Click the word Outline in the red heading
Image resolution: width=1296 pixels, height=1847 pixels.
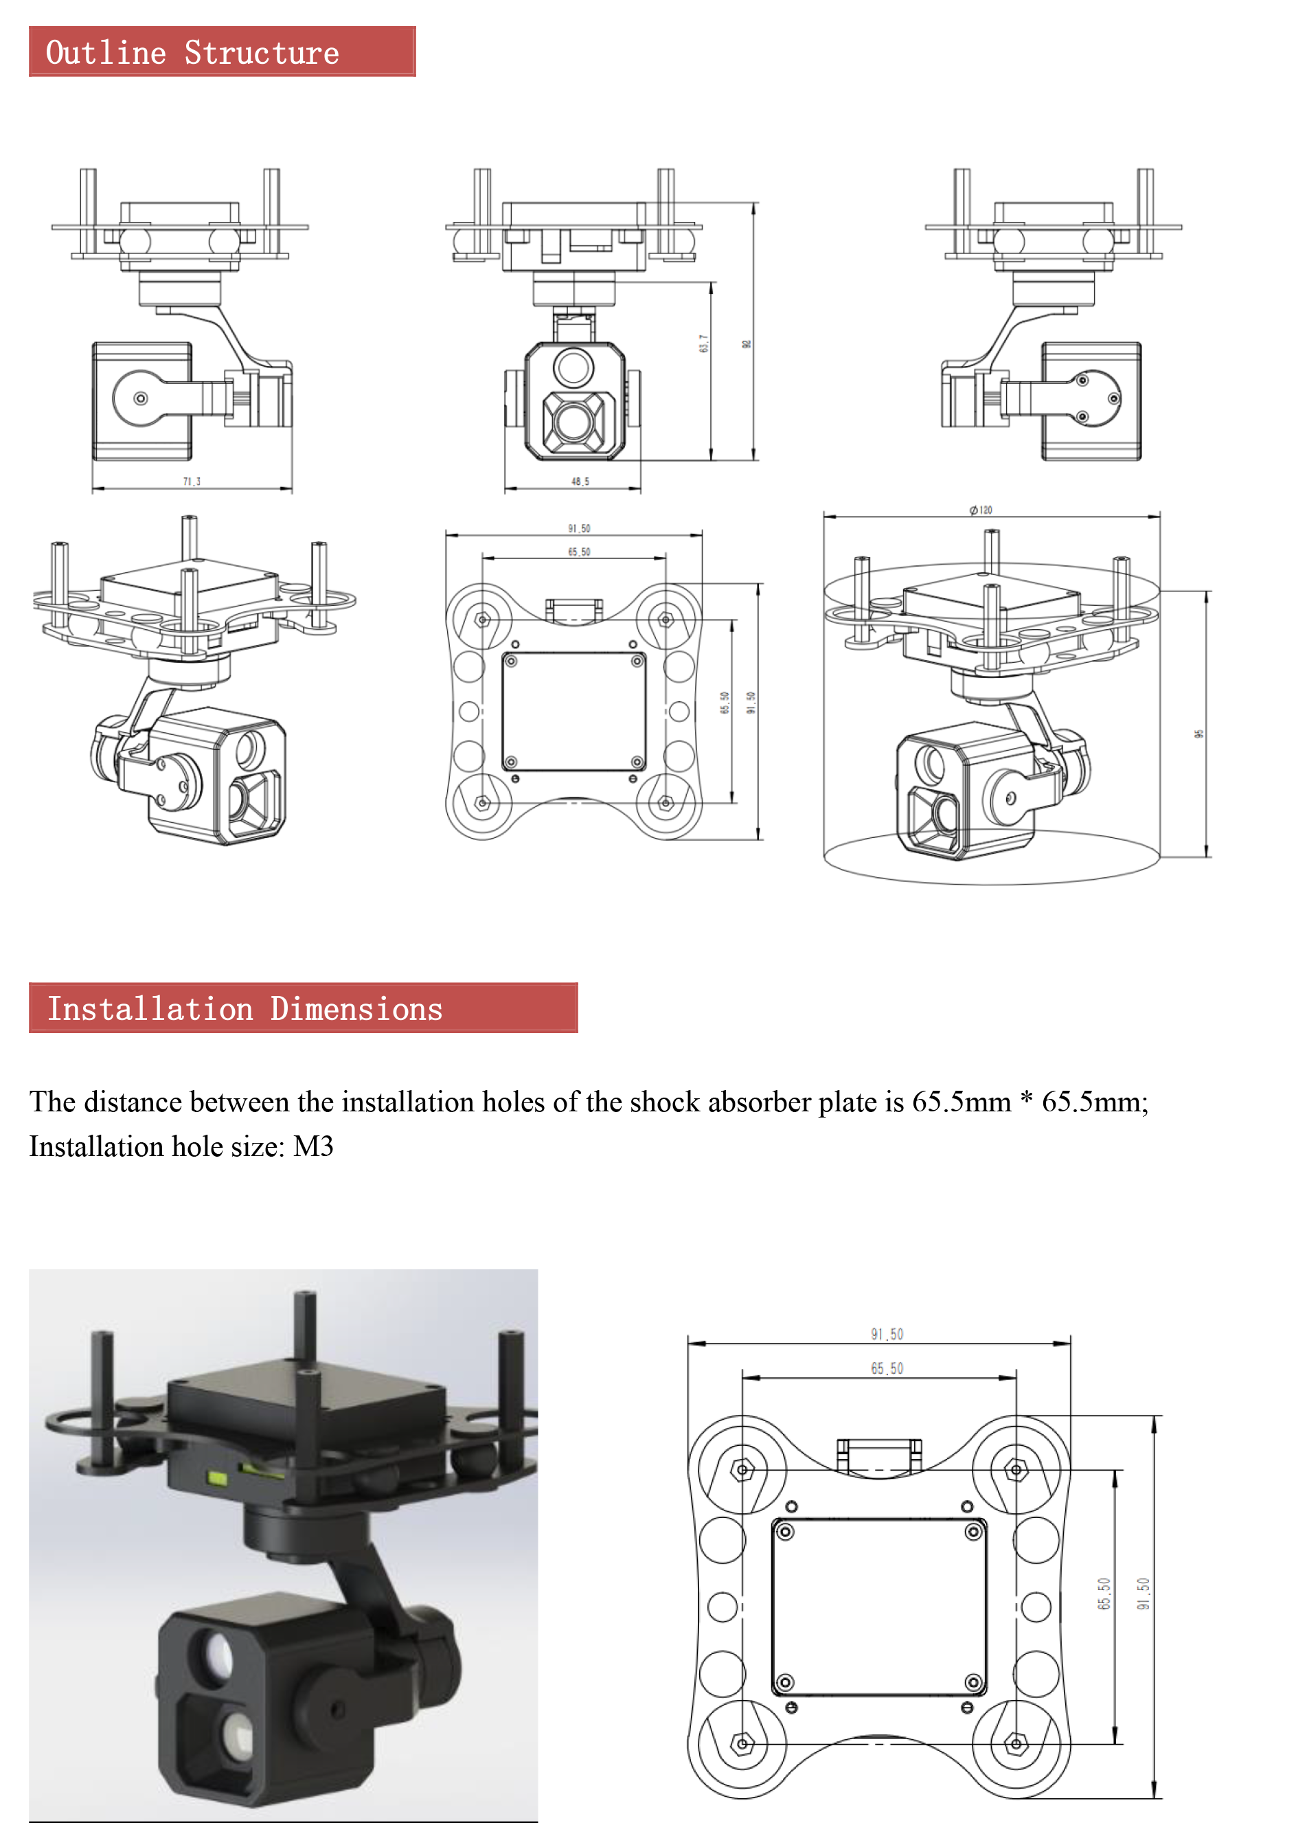[x=105, y=53]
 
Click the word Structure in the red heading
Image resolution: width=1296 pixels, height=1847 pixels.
[x=262, y=53]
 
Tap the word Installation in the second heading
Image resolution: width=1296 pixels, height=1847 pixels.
[x=150, y=1009]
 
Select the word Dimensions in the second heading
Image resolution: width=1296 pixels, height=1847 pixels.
[x=356, y=1009]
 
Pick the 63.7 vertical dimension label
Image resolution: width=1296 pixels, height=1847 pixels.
[x=704, y=343]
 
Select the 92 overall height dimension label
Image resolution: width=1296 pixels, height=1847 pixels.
[x=747, y=343]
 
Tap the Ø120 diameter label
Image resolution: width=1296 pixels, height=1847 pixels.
[x=981, y=510]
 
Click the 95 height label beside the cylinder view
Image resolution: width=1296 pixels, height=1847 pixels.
[x=1198, y=734]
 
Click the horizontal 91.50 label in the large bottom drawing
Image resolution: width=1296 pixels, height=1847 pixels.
[x=887, y=1334]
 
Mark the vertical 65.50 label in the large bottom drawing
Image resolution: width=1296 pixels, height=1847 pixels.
[x=1104, y=1594]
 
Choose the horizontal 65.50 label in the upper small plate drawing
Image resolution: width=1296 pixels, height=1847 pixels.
[x=578, y=552]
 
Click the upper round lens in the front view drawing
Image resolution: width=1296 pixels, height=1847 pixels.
[x=573, y=367]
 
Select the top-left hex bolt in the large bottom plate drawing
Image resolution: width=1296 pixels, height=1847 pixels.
[x=742, y=1470]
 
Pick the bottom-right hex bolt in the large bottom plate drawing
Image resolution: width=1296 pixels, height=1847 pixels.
[x=1016, y=1743]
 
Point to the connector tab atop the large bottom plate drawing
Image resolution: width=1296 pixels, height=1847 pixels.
[x=878, y=1454]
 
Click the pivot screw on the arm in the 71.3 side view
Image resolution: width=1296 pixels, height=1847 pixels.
[x=141, y=398]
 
